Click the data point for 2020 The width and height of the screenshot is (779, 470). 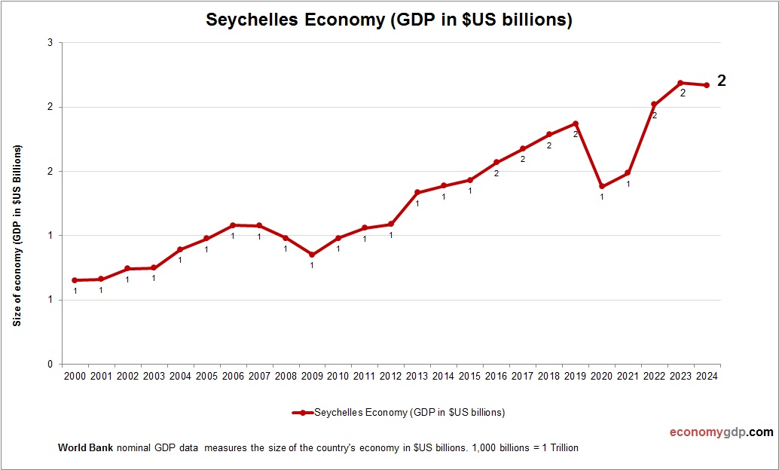602,186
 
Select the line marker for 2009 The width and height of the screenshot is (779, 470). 312,255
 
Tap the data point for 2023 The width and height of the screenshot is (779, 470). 680,83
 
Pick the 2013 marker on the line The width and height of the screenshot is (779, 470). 417,192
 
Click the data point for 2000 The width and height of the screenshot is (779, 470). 75,280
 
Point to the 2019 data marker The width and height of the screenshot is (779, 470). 576,124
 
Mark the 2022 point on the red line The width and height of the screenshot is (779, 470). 654,105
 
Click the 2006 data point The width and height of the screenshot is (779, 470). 233,225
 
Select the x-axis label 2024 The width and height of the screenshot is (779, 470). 707,376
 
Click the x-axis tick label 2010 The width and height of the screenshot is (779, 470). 338,376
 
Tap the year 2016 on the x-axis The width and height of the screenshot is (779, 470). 496,376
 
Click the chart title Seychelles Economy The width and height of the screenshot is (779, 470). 389,20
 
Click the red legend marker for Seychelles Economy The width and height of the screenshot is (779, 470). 301,413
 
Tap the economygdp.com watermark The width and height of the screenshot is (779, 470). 721,432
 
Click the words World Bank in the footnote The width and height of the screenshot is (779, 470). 85,447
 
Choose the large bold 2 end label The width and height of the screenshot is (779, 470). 721,81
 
